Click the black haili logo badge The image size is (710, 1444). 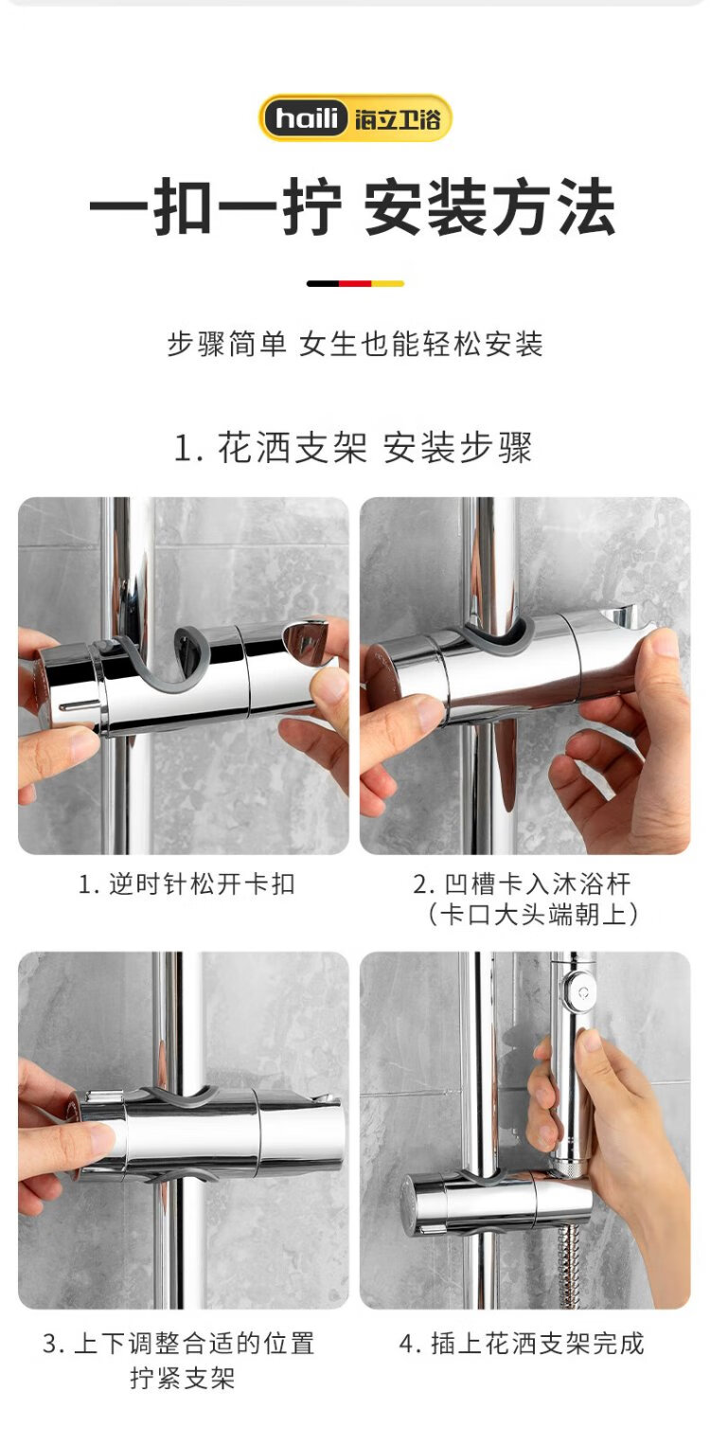click(307, 118)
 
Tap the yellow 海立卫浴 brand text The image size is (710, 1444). click(398, 119)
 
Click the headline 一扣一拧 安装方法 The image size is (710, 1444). click(352, 207)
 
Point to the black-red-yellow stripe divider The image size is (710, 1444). click(355, 284)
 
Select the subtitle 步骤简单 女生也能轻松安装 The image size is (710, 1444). click(355, 344)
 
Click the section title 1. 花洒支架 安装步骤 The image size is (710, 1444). click(354, 447)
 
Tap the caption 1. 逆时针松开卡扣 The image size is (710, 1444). click(186, 883)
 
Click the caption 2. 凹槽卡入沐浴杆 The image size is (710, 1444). click(522, 883)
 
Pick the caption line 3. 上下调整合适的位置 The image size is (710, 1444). click(179, 1344)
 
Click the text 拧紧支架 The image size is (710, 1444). click(183, 1379)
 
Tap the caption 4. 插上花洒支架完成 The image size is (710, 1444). click(522, 1344)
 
